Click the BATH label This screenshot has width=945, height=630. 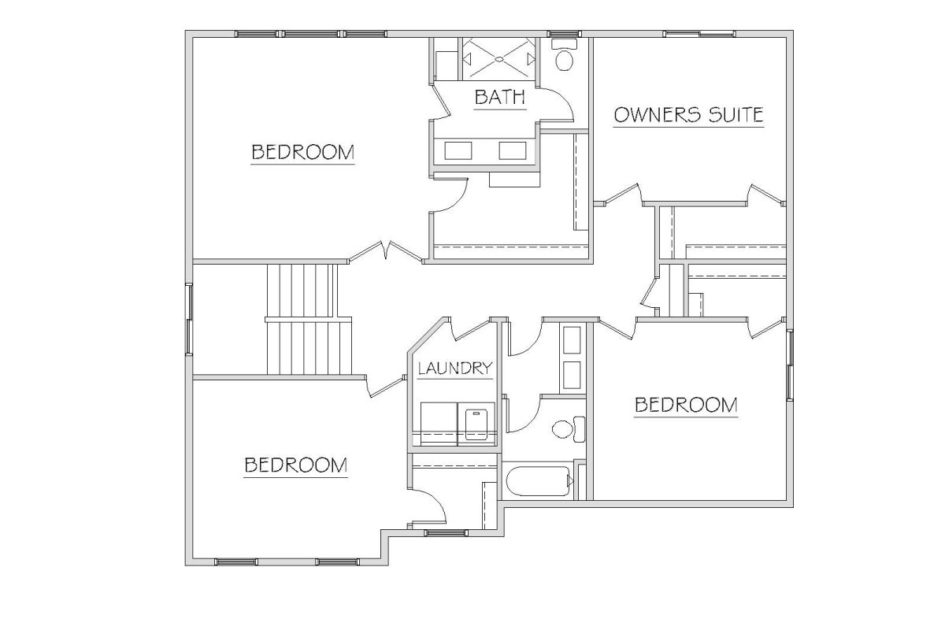coord(500,97)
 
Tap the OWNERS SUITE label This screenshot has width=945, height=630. coord(688,115)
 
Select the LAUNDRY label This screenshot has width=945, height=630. coord(455,369)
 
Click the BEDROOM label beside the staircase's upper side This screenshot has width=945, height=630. coord(302,152)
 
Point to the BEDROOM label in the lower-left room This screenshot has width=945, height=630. coord(296,465)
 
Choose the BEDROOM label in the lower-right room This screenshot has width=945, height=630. coord(686,405)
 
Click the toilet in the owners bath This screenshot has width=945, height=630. coord(565,55)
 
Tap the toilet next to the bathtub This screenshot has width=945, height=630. coord(569,429)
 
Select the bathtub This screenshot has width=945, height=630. coord(539,481)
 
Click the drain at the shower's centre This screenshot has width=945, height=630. coord(499,59)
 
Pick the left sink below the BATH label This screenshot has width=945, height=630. coord(458,150)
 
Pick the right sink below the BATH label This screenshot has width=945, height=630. coord(513,150)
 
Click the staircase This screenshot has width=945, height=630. coord(309,320)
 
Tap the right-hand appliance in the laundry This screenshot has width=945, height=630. coord(476,424)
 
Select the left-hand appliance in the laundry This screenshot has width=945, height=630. coord(439,424)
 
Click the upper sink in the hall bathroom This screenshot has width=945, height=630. coord(572,339)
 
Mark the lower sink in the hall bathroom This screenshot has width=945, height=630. coord(572,375)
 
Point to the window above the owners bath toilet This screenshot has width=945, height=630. coord(564,34)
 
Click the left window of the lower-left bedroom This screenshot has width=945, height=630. coord(235,562)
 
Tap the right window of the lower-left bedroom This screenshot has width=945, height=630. coord(337,562)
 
